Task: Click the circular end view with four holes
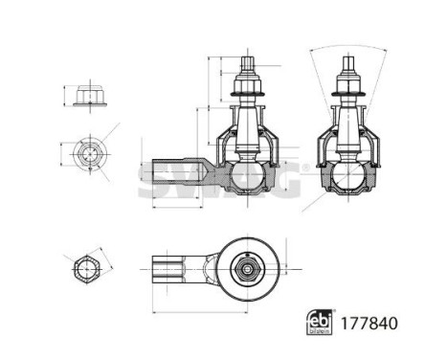87,153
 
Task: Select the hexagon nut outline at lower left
84,269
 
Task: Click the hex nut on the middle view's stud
247,91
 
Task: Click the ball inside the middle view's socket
247,176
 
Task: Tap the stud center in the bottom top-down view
247,270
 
